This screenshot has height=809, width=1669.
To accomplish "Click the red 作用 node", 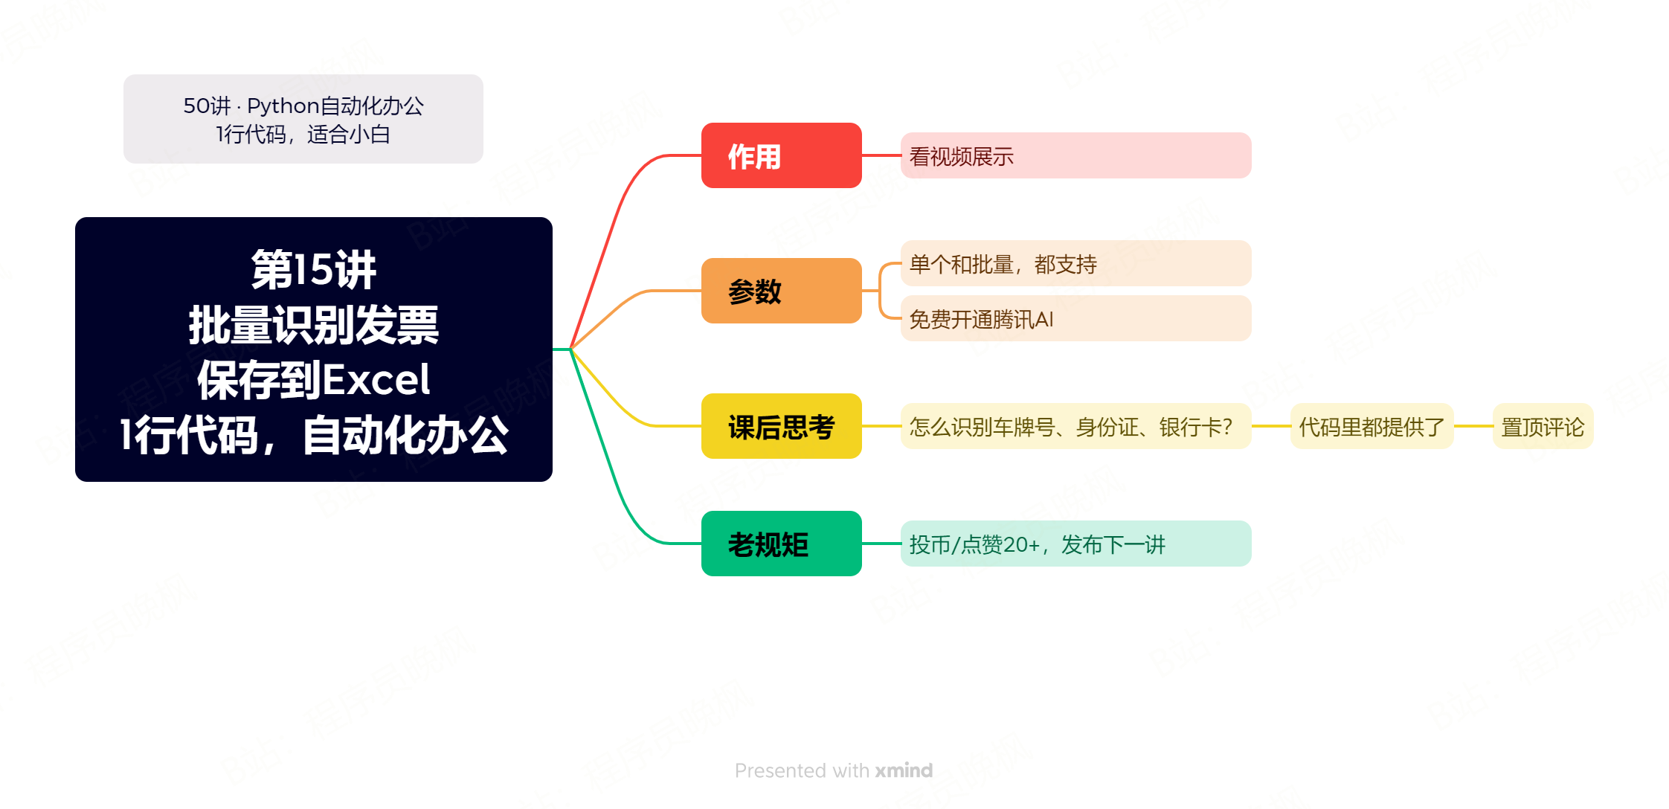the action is coord(781,155).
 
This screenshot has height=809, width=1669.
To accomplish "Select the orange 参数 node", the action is coord(781,291).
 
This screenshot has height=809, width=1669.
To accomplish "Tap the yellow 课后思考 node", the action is coord(781,426).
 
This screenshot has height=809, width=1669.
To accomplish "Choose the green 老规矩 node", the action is coord(781,544).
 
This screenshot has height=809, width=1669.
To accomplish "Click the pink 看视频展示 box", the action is coord(1075,155).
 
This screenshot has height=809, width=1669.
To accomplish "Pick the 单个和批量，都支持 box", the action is coord(1075,263).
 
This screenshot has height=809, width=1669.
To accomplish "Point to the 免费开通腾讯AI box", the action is coord(1075,318).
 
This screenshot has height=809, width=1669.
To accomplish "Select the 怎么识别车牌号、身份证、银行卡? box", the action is coord(1075,426).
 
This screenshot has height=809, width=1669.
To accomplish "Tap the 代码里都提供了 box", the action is coord(1371,426).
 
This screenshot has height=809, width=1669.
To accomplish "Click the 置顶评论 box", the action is coord(1543,426).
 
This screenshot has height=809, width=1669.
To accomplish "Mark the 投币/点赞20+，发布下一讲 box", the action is coord(1075,544).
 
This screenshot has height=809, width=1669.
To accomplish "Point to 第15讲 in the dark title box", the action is coord(313,269).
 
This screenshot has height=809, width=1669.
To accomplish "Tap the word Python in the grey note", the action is coord(283,106).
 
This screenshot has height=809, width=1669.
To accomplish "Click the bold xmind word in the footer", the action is coord(904,770).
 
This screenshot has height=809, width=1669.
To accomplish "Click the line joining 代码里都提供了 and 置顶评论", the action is coord(1473,426).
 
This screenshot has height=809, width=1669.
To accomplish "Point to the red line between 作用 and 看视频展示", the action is coord(881,155).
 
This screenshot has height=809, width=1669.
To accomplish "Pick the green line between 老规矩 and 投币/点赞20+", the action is coord(881,544).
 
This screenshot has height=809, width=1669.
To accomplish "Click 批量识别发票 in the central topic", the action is coord(313,325).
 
